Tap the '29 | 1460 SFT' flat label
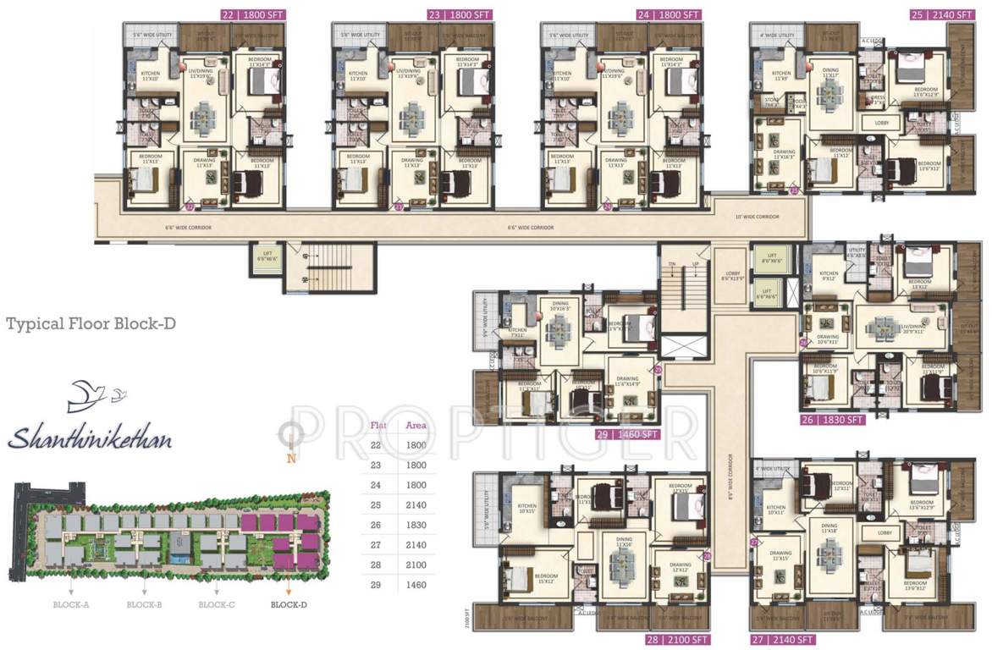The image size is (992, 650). pos(628,434)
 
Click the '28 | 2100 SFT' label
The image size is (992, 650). pos(678,639)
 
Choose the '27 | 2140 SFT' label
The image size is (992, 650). pos(783,639)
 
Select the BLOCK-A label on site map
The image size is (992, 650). pos(70,605)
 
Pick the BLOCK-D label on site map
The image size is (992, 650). pos(289,605)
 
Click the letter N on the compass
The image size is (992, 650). pos(291,460)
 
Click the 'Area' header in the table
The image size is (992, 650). pos(416,425)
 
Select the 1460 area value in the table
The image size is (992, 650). pos(416,584)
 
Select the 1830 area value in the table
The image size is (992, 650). pos(416,525)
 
